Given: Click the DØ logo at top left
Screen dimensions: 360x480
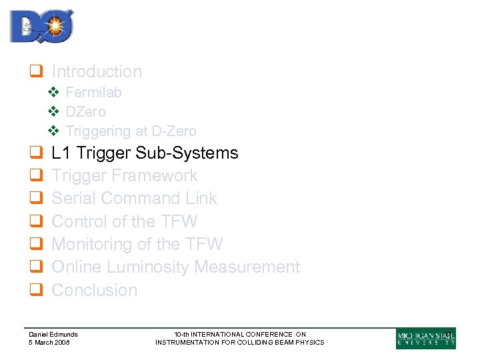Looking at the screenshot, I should (41, 27).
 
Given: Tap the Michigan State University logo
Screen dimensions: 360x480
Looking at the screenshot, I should (425, 338).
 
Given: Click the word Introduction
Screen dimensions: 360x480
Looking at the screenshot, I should (97, 71).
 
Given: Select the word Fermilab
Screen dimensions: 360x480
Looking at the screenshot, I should (93, 93).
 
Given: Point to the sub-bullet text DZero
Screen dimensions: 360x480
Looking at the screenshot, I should (85, 112).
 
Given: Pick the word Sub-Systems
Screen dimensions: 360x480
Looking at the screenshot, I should (187, 153).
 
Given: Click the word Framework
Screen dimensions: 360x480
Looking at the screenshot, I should (155, 176).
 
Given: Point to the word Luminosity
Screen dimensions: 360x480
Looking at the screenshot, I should (138, 267).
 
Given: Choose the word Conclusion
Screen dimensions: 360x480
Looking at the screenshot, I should (95, 290).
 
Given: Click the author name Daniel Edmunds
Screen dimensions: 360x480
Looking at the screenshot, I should (53, 335).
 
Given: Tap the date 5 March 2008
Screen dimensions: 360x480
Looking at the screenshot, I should (49, 343).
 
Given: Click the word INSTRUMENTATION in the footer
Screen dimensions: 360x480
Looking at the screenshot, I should (191, 343).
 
